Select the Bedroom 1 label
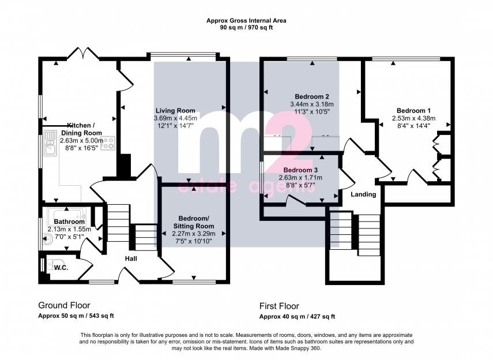pos(413,110)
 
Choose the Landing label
pos(364,194)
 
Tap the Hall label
pos(131,258)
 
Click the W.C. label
pos(61,267)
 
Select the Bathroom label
pos(69,222)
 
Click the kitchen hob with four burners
pos(108,144)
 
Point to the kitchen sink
pos(48,151)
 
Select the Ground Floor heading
pos(64,305)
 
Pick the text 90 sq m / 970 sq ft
pos(246,28)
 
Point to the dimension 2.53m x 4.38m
pos(413,118)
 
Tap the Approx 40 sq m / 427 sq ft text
pos(297,316)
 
